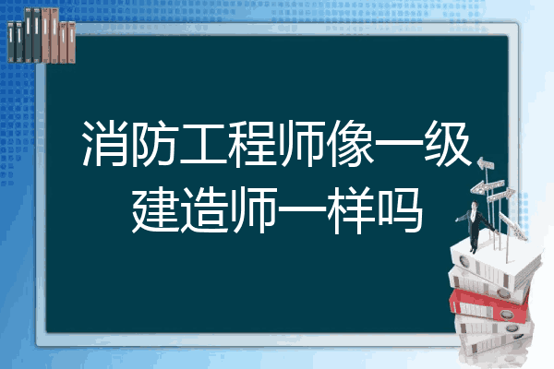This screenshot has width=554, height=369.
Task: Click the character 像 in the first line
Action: pos(350,143)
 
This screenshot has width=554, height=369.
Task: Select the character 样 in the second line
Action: pos(351,210)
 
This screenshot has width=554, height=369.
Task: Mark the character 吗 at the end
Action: pos(400,210)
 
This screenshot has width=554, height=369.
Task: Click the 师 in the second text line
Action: pos(253,210)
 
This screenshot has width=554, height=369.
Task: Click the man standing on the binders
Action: pos(476,227)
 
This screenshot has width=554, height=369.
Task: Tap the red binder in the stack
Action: pos(489,304)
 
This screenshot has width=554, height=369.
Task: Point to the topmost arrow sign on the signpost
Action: pos(486,163)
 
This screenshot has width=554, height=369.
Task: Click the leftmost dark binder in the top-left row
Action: pos(11,42)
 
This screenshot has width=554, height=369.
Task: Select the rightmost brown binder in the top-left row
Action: pos(71,42)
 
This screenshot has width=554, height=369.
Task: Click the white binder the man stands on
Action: pos(495,264)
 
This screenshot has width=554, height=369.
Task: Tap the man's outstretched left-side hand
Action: pos(457,220)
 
